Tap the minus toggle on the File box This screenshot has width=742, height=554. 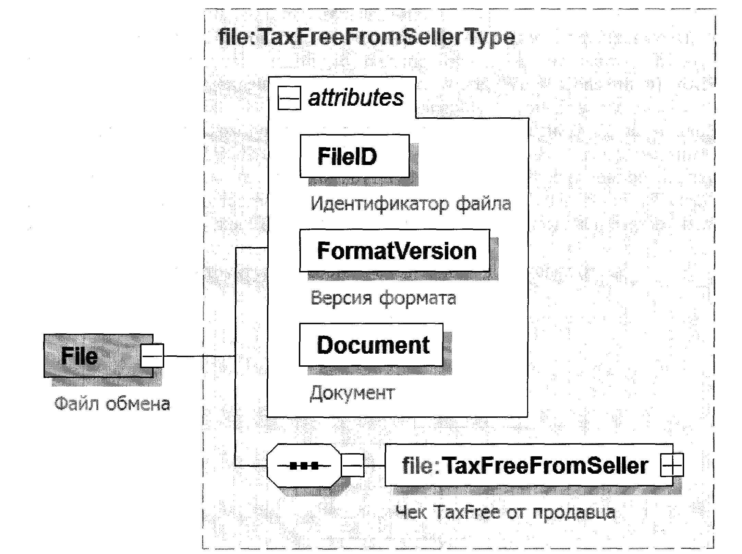(x=152, y=355)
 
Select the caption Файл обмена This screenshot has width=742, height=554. (x=112, y=404)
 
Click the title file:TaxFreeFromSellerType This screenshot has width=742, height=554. (x=366, y=37)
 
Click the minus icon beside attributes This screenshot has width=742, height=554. (x=289, y=98)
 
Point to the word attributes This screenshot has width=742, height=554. (x=356, y=98)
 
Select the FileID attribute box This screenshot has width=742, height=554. (x=354, y=156)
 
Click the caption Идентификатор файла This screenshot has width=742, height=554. (x=411, y=204)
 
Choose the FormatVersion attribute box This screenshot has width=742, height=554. (x=394, y=251)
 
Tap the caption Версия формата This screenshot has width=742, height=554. (x=383, y=298)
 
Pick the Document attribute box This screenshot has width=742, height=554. (x=371, y=345)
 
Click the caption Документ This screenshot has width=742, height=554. (x=352, y=393)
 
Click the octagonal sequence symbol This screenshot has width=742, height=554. (x=304, y=465)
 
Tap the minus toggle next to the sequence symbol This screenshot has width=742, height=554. (x=353, y=465)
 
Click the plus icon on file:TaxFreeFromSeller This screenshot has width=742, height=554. (x=672, y=465)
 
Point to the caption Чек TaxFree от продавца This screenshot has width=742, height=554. (x=505, y=513)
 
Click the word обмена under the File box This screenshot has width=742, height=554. (x=137, y=404)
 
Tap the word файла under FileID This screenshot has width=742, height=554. (x=483, y=204)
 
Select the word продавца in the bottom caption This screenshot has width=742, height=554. (x=574, y=513)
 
